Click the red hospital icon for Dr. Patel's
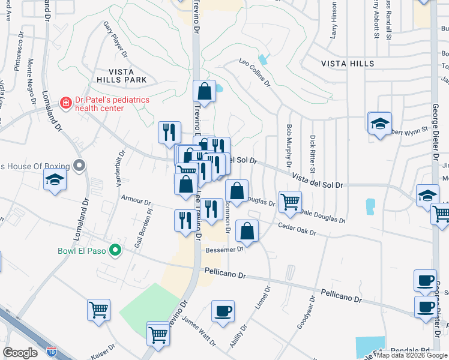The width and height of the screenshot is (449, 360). (66, 104)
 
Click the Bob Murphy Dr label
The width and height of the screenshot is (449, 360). (289, 146)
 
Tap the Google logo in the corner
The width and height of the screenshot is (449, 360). (20, 353)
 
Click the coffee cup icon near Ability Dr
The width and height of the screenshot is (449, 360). (223, 311)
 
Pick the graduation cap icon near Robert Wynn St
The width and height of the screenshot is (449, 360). (379, 123)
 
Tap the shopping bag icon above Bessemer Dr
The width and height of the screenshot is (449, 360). (247, 230)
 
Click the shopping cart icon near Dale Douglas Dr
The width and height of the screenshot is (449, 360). (290, 202)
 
